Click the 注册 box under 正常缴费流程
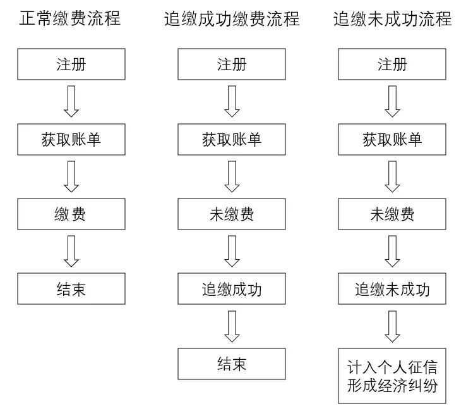tap(71, 64)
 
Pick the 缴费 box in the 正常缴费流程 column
tap(71, 214)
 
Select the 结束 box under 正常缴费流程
tap(71, 289)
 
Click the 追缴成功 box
tap(232, 289)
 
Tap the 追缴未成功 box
tap(393, 289)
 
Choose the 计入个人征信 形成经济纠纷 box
tap(393, 376)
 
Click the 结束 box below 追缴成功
tap(232, 364)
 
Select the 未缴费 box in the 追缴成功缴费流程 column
tap(232, 214)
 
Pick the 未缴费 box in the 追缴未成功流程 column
tap(393, 214)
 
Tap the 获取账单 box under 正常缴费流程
tap(71, 140)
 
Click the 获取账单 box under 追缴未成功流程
tap(393, 140)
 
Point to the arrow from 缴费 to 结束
tap(71, 252)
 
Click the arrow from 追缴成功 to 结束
tap(232, 326)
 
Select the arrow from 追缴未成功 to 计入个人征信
tap(393, 326)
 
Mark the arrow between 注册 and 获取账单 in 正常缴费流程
tap(71, 102)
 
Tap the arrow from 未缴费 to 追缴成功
tap(232, 252)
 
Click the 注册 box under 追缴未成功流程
tap(393, 64)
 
